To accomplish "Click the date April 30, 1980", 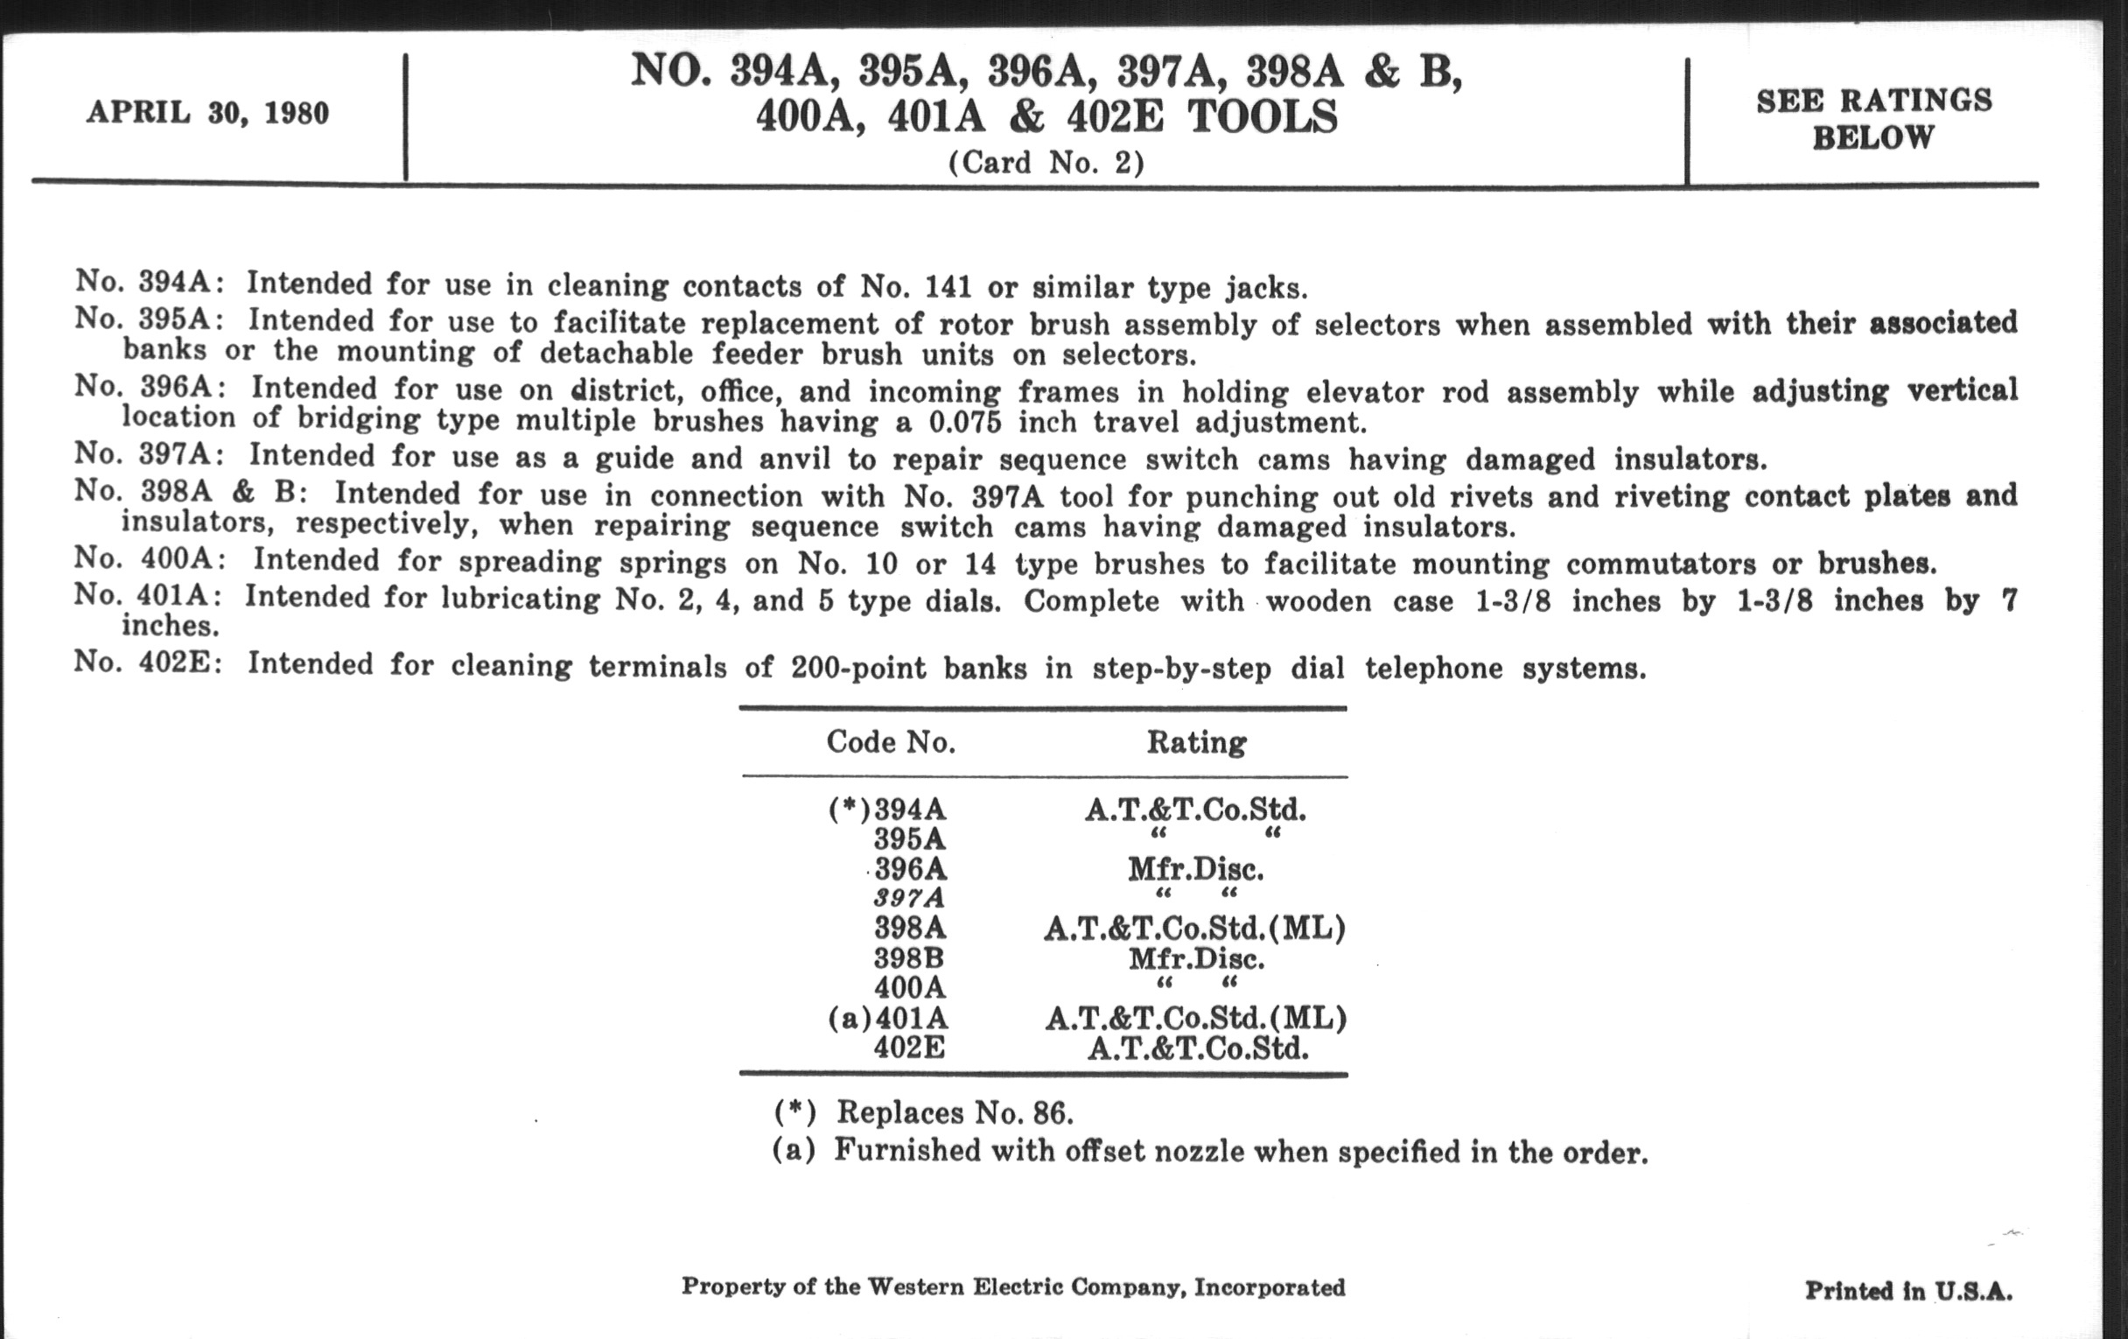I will [207, 113].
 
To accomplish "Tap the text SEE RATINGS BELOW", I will [1873, 119].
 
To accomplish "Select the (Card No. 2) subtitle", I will [1046, 163].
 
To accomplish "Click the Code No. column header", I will [891, 741].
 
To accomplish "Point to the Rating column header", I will [1196, 741].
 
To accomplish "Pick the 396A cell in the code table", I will [910, 869].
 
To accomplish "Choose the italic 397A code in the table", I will [909, 898].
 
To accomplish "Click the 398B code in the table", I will [909, 958].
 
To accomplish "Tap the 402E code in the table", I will [909, 1048].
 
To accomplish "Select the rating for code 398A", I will [1194, 928].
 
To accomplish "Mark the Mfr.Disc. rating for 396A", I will [1195, 870].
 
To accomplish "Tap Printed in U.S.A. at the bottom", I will [1908, 1291].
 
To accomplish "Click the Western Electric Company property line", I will [1012, 1286].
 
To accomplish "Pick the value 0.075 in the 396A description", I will [965, 423].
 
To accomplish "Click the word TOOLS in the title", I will [1262, 117].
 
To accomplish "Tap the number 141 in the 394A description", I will [948, 287].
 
